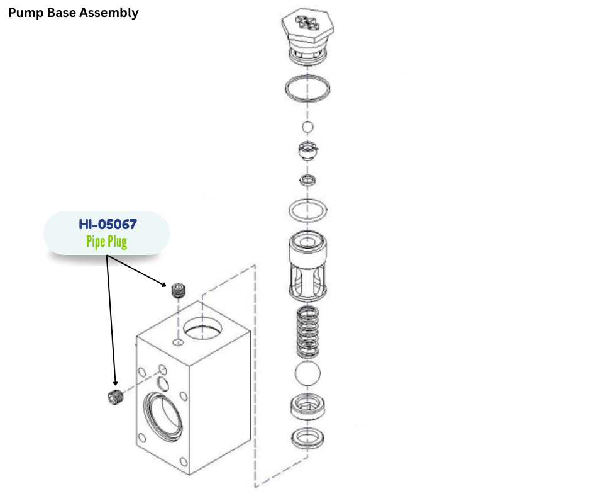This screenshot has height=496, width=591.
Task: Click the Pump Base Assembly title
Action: pos(73,13)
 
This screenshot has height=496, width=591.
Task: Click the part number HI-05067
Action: pos(107,224)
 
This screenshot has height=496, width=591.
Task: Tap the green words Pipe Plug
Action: pos(107,242)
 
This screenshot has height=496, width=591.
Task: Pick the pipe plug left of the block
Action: pos(114,398)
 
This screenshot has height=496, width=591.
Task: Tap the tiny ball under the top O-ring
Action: pos(307,128)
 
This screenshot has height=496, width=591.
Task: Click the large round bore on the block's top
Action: pos(202,328)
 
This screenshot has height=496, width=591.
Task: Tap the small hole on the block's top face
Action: pos(178,342)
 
